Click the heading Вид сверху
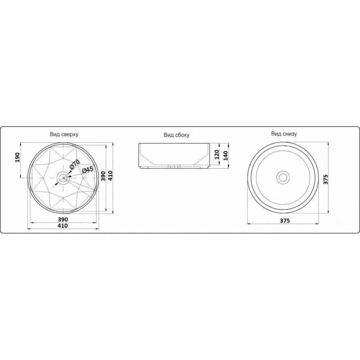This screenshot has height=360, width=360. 64,134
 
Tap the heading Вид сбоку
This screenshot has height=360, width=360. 176,135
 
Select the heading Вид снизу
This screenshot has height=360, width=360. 284,134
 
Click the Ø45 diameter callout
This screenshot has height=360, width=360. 87,170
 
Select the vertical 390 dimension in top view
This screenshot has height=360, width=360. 103,176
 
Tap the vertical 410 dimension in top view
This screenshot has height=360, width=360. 110,176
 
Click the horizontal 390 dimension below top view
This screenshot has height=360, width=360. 63,220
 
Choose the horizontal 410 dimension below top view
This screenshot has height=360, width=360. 63,226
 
